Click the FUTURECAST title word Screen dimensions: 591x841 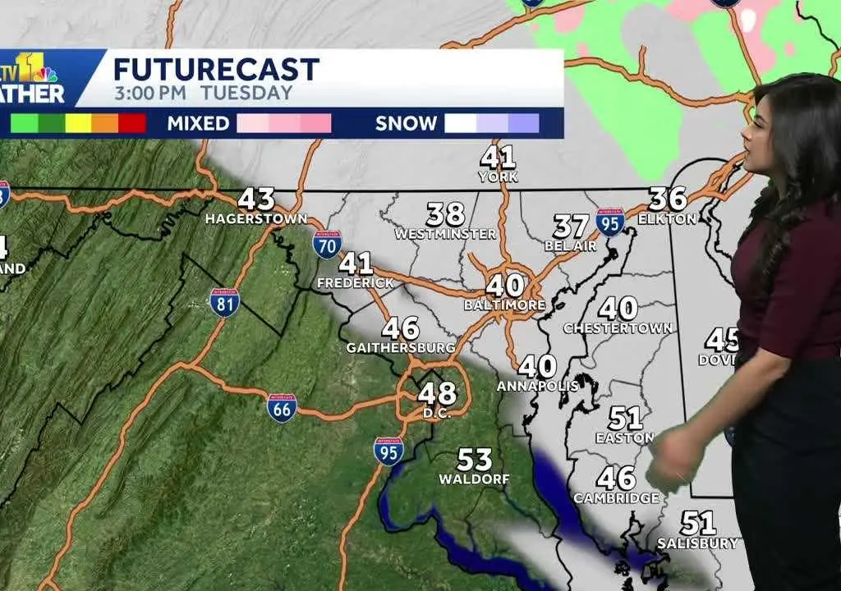coord(216,69)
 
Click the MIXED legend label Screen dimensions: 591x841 coord(198,124)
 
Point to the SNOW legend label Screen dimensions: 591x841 coord(406,124)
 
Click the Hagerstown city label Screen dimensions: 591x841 coord(255,219)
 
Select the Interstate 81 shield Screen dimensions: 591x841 coord(224,303)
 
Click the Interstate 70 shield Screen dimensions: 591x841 coord(327,244)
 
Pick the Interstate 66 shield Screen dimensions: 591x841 coord(282,407)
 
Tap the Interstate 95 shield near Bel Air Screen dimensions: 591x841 coord(610,222)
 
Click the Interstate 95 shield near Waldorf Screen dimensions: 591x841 coord(388,451)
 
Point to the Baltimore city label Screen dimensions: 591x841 coord(504,305)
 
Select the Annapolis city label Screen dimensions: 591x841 coord(537,385)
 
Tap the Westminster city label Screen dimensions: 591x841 coord(445,234)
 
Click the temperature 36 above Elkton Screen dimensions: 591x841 coord(668,199)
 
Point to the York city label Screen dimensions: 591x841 coord(499,176)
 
